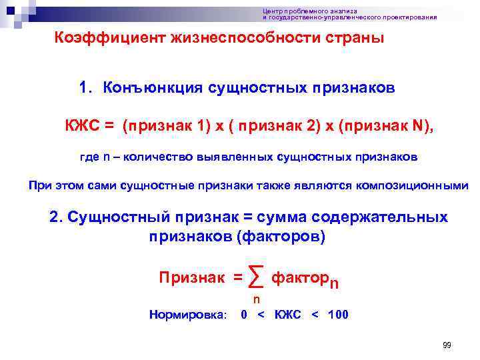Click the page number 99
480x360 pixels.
(x=447, y=345)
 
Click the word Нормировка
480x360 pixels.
(x=188, y=315)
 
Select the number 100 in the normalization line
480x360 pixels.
(x=337, y=315)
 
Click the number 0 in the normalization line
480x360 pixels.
(x=244, y=315)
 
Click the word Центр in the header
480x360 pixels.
(x=273, y=11)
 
